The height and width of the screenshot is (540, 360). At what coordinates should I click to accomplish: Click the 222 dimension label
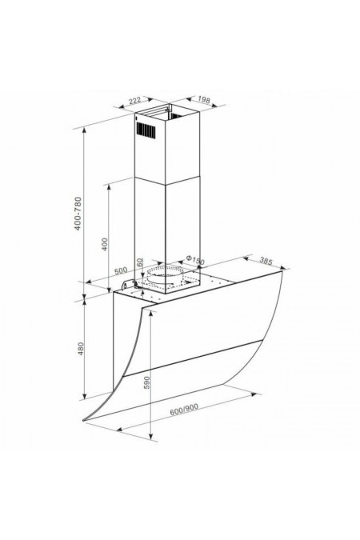(135, 101)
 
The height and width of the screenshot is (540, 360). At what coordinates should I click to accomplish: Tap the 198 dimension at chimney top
(204, 100)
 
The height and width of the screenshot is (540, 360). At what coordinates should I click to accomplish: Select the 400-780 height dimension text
(78, 214)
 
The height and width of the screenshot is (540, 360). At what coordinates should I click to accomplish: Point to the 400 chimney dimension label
(105, 244)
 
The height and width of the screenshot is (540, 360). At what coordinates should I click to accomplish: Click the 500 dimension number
(121, 270)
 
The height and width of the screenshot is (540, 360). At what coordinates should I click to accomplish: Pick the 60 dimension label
(139, 262)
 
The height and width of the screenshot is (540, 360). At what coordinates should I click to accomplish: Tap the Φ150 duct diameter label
(195, 260)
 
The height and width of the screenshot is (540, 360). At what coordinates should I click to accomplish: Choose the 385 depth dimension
(266, 262)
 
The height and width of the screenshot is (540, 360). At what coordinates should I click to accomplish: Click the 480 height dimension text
(81, 349)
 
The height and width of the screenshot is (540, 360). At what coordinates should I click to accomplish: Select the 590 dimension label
(147, 382)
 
